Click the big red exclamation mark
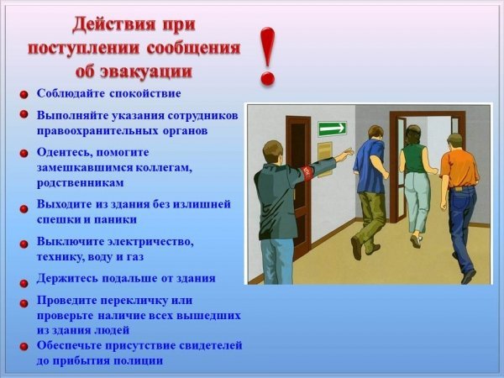point(267,56)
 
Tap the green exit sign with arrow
point(333,129)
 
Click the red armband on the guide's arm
point(307,173)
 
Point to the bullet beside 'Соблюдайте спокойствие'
point(24,95)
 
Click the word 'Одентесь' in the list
point(66,152)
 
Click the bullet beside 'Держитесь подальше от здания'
point(24,283)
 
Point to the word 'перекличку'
point(134,301)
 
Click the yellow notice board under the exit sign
point(325,159)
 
